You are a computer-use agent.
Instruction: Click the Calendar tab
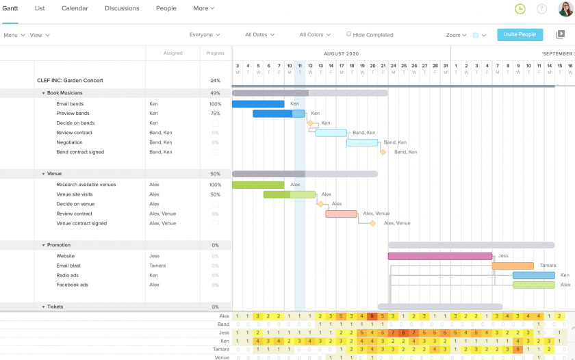(75, 8)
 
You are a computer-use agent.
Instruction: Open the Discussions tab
(122, 8)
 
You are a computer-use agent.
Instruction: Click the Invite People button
(520, 34)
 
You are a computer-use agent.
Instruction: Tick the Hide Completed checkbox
(349, 34)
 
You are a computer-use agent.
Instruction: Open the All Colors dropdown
(315, 35)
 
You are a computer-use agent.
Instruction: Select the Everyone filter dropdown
(205, 35)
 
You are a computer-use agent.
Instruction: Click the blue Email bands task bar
(258, 104)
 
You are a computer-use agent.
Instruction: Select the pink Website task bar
(439, 256)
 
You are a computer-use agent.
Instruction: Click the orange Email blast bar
(513, 266)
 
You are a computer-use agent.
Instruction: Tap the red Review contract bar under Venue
(341, 214)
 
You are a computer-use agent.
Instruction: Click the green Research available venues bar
(258, 185)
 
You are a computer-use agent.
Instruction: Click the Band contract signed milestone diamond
(383, 152)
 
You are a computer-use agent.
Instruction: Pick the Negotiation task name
(69, 142)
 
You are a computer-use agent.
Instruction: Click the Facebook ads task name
(72, 285)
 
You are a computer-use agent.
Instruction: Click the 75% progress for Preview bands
(215, 114)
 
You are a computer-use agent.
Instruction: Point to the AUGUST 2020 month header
(342, 53)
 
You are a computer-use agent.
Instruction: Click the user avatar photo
(565, 9)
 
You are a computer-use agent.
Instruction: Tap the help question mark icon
(541, 9)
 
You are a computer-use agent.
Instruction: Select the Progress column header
(215, 53)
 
